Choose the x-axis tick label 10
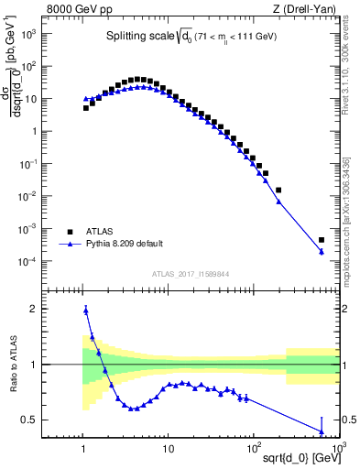168,448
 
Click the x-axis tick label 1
84,448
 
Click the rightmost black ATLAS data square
322,240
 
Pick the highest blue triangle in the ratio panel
86,311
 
